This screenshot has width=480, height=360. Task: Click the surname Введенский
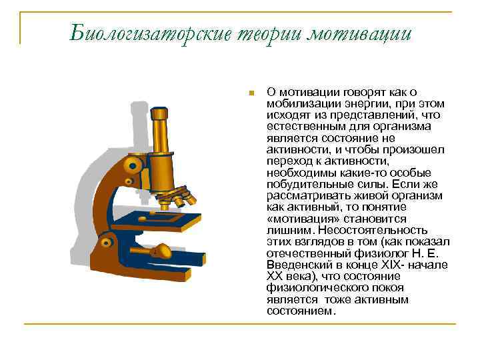pyautogui.click(x=298, y=263)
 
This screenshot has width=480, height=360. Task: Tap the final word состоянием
pyautogui.click(x=299, y=310)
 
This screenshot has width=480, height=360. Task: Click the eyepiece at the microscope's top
pyautogui.click(x=159, y=114)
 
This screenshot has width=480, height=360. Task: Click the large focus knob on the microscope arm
pyautogui.click(x=134, y=163)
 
